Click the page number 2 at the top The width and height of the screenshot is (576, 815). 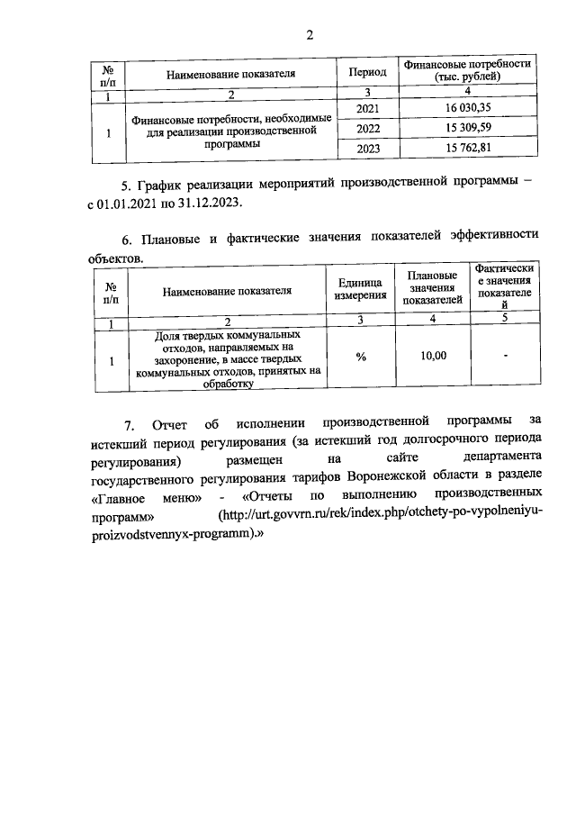tap(310, 35)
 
